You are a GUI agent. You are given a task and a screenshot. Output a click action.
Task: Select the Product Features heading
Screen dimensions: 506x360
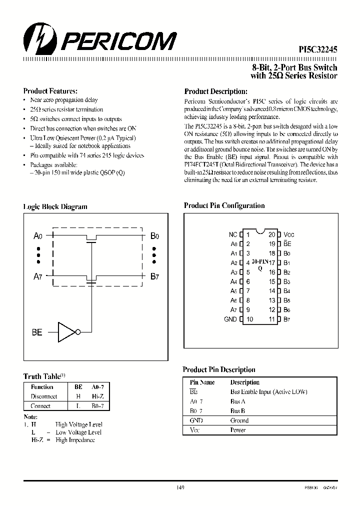pos(50,91)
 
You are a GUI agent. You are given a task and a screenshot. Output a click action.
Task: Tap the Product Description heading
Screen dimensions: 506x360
pos(216,91)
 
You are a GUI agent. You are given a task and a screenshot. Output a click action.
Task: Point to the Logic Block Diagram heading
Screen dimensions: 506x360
pos(55,206)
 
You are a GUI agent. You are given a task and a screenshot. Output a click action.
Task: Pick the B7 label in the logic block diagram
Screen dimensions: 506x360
pos(154,277)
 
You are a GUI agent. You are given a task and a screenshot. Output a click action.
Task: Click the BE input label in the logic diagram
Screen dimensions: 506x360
pos(37,332)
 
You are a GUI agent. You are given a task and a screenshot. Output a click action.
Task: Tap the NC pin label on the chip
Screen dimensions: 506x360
pos(232,234)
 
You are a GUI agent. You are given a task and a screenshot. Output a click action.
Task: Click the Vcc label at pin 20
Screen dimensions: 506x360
pos(288,234)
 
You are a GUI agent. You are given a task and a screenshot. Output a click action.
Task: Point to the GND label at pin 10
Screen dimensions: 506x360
pos(230,319)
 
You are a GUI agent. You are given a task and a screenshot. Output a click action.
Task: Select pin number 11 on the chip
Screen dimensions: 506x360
pos(272,319)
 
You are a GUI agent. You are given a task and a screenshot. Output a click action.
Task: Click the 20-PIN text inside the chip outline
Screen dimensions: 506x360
pos(260,261)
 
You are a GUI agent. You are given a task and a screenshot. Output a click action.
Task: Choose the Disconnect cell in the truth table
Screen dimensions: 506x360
pos(43,396)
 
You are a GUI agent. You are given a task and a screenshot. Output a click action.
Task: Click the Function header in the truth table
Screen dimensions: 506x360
pos(42,386)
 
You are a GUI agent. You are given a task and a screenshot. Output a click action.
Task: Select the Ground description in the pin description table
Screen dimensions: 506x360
pos(239,420)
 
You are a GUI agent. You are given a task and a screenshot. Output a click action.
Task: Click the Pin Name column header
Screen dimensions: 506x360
pos(202,382)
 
